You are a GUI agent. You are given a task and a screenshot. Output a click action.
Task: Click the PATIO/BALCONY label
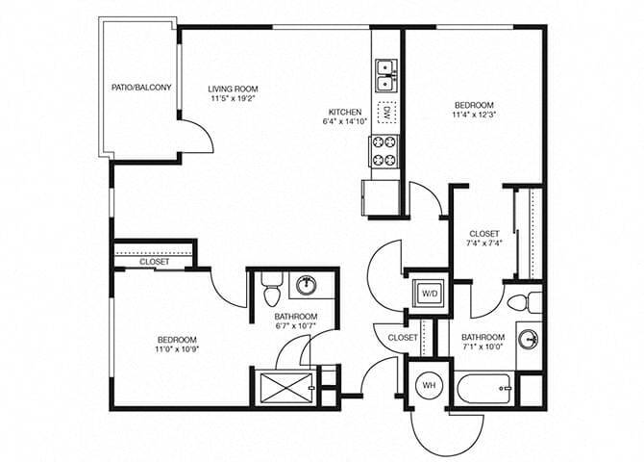(141, 89)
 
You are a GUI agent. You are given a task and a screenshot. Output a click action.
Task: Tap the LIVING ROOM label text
(235, 89)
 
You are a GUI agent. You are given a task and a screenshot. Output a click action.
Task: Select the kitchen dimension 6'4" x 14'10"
(345, 121)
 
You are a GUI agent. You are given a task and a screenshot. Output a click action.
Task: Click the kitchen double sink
(386, 68)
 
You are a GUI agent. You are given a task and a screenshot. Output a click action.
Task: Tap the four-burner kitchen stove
(385, 150)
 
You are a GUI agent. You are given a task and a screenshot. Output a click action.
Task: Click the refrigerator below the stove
(382, 199)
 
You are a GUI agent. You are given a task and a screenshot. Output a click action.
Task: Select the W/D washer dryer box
(428, 294)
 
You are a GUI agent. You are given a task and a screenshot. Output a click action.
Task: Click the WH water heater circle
(428, 386)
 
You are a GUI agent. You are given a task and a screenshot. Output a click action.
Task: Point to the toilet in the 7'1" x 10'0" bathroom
(520, 301)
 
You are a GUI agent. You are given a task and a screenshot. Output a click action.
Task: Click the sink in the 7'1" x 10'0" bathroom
(528, 339)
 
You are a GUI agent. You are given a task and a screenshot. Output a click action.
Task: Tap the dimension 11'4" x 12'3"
(474, 115)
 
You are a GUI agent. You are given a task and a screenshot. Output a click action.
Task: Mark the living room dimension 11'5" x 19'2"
(235, 98)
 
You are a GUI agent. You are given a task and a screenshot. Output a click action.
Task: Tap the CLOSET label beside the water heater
(403, 338)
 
